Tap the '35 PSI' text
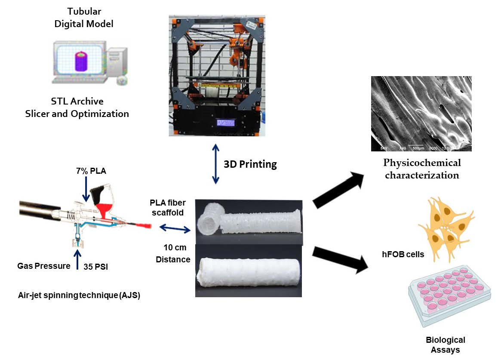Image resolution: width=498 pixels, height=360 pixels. click(x=96, y=267)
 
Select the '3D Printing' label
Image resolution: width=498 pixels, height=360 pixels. click(x=250, y=164)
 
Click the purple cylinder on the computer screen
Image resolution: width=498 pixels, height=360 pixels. click(x=80, y=61)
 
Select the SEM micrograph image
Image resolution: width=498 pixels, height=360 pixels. click(x=421, y=114)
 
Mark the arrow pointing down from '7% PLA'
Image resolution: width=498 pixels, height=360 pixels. click(x=86, y=192)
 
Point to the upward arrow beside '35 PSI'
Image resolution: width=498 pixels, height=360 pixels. click(x=77, y=260)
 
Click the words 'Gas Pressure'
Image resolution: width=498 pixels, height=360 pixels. click(x=43, y=266)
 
